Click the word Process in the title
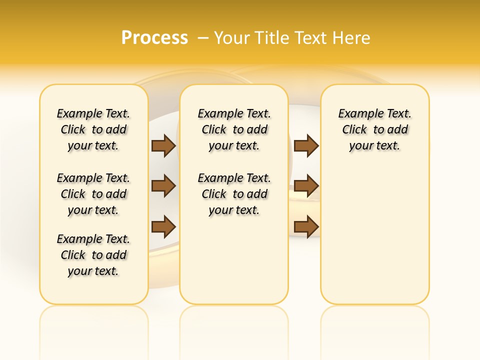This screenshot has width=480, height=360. coord(154,37)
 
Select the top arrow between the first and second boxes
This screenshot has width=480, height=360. coord(163,145)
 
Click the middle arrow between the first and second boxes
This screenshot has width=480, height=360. coord(163,186)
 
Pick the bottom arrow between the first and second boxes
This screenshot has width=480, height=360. coord(163,226)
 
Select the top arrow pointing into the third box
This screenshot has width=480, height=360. coord(306,145)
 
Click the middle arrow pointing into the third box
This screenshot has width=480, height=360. coord(306,186)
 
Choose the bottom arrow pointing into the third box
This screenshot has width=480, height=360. coord(306,226)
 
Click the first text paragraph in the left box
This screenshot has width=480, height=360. coord(93,129)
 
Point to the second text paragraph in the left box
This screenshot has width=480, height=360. coord(93,194)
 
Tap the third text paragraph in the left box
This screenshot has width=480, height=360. coord(93,255)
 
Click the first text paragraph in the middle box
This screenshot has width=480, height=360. coord(234,129)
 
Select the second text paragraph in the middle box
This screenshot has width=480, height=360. coord(234,194)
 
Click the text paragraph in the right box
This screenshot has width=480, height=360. coord(374,129)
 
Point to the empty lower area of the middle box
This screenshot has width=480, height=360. coord(234,260)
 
